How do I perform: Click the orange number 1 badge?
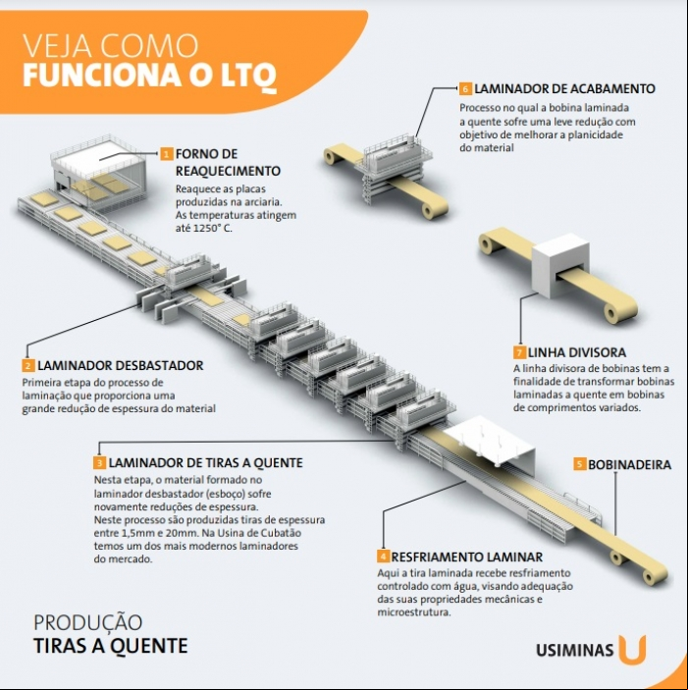pos(166,154)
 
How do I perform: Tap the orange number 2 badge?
pos(28,366)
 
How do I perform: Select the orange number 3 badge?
pos(100,463)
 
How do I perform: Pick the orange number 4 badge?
pos(383,557)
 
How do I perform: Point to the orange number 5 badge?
pos(580,464)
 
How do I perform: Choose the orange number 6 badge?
pos(465,89)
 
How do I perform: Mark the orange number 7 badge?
pos(519,352)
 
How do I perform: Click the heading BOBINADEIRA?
pos(629,464)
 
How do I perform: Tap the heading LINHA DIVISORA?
pos(577,352)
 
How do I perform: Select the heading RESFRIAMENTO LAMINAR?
pos(467,557)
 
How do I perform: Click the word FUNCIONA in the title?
pos(102,76)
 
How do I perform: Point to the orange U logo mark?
pos(632,649)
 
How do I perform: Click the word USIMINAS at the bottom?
pos(574,651)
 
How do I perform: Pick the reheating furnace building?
pos(98,172)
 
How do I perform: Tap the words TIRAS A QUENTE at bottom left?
pos(111,646)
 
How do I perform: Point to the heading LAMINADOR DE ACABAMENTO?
pos(565,89)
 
